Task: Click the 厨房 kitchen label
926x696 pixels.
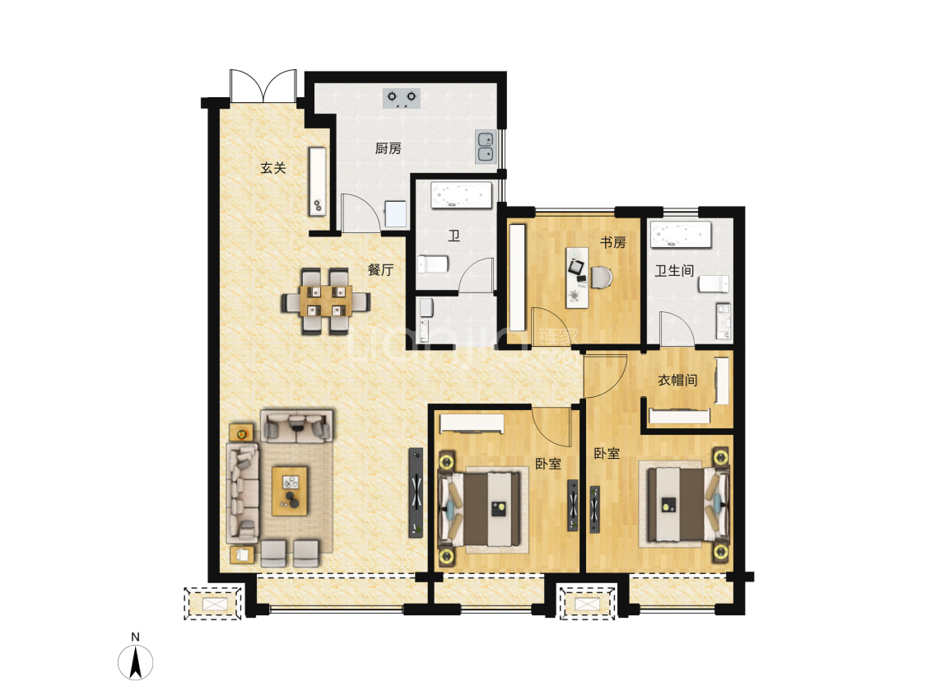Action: (388, 148)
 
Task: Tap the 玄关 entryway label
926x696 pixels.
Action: (272, 168)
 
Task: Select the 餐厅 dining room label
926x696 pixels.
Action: (380, 270)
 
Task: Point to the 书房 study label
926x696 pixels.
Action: (613, 242)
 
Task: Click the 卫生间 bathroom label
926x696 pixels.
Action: (674, 271)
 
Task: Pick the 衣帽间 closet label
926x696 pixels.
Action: (677, 380)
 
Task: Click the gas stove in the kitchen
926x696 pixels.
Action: (402, 98)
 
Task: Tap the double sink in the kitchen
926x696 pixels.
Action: (486, 147)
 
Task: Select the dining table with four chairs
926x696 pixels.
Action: (325, 301)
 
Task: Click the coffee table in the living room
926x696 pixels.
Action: (290, 490)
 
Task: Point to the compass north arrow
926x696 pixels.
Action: (135, 662)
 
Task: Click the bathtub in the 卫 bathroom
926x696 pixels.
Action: (461, 195)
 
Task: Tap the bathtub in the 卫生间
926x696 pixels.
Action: (681, 235)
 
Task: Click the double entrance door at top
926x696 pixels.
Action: (263, 86)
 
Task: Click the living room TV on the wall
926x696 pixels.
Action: (416, 493)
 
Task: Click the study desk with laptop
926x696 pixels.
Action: (578, 278)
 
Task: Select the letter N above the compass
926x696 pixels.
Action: (135, 637)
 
